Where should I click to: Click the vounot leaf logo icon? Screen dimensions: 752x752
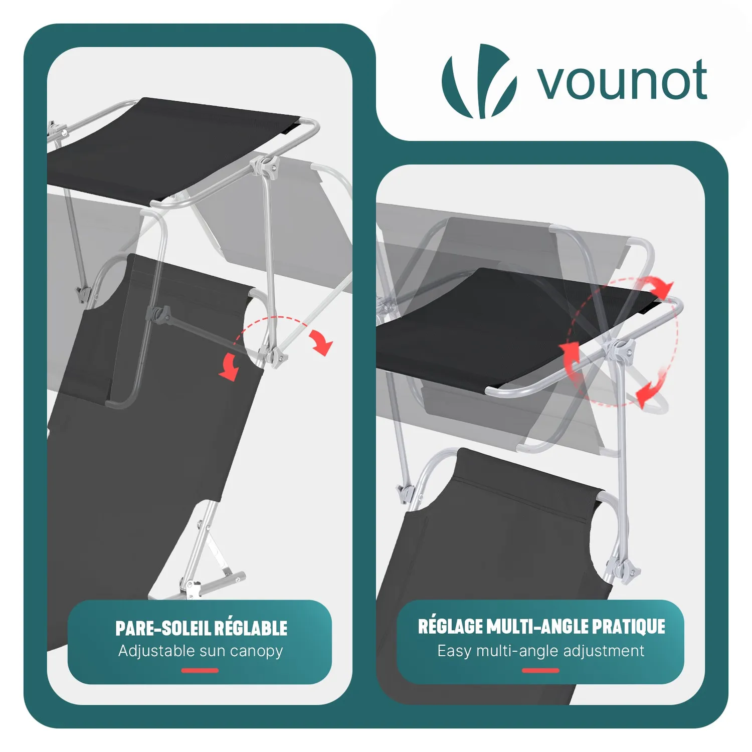479,81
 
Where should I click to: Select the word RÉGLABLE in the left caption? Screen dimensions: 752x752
252,628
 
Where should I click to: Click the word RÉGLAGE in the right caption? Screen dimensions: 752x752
450,626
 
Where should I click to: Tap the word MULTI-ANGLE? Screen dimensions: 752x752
537,627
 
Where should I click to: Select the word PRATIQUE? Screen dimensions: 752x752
628,627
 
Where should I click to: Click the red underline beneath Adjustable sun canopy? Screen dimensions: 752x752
200,670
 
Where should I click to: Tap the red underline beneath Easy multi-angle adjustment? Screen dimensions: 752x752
540,670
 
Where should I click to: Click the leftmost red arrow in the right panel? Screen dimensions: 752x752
570,359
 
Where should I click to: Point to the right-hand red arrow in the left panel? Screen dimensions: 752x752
321,342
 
